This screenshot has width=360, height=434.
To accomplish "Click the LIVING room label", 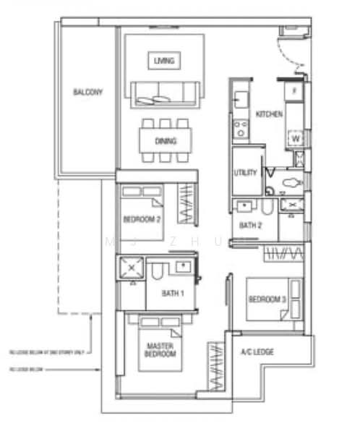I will coord(164,61).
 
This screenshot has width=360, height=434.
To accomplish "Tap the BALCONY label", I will coord(87,93).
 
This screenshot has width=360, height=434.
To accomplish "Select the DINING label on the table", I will coord(165,140).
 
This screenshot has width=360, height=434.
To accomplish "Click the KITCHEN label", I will coord(269,114).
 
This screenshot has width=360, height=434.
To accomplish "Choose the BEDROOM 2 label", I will coord(142,218).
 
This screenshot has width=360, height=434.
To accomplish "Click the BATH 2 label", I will coord(250,226).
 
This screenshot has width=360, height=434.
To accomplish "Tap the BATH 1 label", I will coord(173,293).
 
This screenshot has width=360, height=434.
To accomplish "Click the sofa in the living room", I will coord(164,93).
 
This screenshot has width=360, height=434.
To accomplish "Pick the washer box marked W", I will coord(295,137).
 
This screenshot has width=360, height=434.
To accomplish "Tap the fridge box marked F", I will coord(293,93).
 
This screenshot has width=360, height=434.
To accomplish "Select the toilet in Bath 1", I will coord(158,272).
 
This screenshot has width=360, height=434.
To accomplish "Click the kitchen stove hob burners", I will coord(239,130).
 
